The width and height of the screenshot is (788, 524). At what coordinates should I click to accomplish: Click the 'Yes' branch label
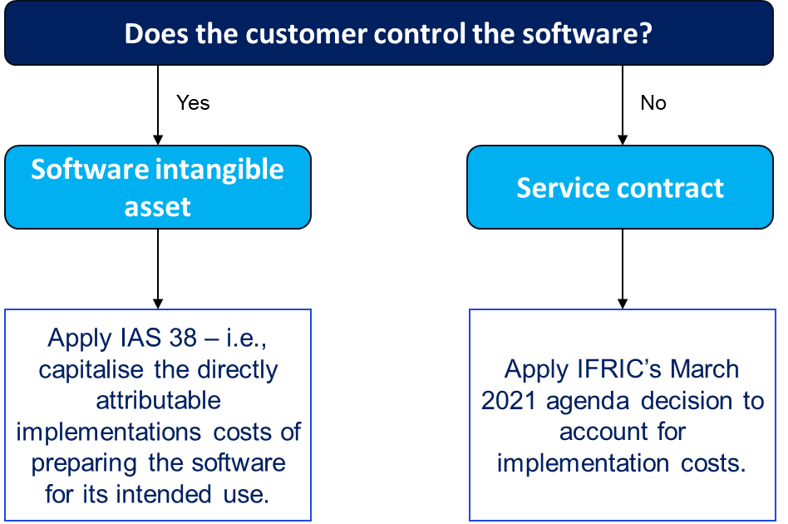pyautogui.click(x=193, y=102)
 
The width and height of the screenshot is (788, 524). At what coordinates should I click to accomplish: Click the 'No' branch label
pyautogui.click(x=653, y=102)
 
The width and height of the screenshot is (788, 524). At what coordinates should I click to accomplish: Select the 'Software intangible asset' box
pyautogui.click(x=158, y=187)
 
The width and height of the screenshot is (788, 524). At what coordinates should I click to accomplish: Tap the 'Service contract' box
pyautogui.click(x=620, y=187)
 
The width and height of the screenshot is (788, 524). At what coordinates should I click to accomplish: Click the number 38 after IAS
pyautogui.click(x=183, y=338)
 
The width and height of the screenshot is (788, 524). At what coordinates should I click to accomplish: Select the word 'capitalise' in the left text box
pyautogui.click(x=91, y=369)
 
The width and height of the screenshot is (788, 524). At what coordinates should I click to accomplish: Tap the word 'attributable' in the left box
pyautogui.click(x=158, y=401)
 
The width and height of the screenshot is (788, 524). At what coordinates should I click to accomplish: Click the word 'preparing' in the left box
pyautogui.click(x=84, y=463)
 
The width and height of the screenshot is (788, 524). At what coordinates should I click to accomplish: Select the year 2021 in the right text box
pyautogui.click(x=509, y=401)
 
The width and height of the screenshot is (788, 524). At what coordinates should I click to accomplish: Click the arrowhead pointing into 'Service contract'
pyautogui.click(x=623, y=140)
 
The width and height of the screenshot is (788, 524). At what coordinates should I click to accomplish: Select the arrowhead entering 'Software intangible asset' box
pyautogui.click(x=158, y=140)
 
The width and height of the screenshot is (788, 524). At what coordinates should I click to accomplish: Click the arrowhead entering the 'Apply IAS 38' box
pyautogui.click(x=158, y=304)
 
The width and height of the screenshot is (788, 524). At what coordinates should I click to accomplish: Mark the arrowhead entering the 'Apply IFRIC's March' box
pyautogui.click(x=623, y=304)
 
